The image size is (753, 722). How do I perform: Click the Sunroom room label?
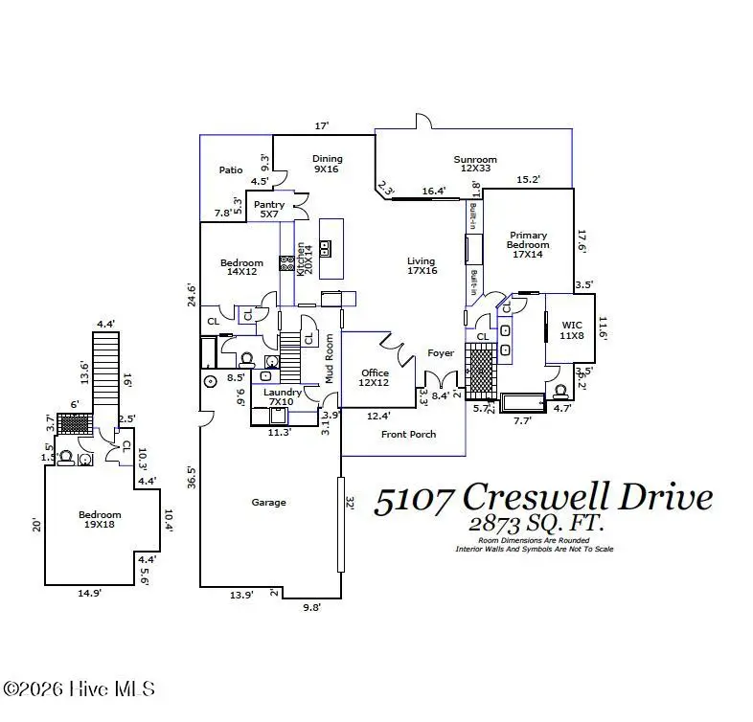pos(474,165)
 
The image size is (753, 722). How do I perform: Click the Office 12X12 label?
pos(375,378)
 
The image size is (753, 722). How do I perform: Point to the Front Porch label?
pos(408,434)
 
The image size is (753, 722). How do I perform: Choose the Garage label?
pos(268,502)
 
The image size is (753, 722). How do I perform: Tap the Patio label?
pos(230,169)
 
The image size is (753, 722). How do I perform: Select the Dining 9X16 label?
pos(327,165)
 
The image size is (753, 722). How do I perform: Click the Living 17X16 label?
pos(421,266)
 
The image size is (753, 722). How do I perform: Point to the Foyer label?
pos(441,353)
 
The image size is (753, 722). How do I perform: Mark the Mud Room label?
pos(329,358)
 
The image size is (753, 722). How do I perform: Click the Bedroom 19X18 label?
pos(100,520)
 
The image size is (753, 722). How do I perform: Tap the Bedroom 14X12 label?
pos(240,268)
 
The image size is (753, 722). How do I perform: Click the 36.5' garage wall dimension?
pos(192,476)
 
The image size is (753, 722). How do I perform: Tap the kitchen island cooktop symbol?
pos(325,248)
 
